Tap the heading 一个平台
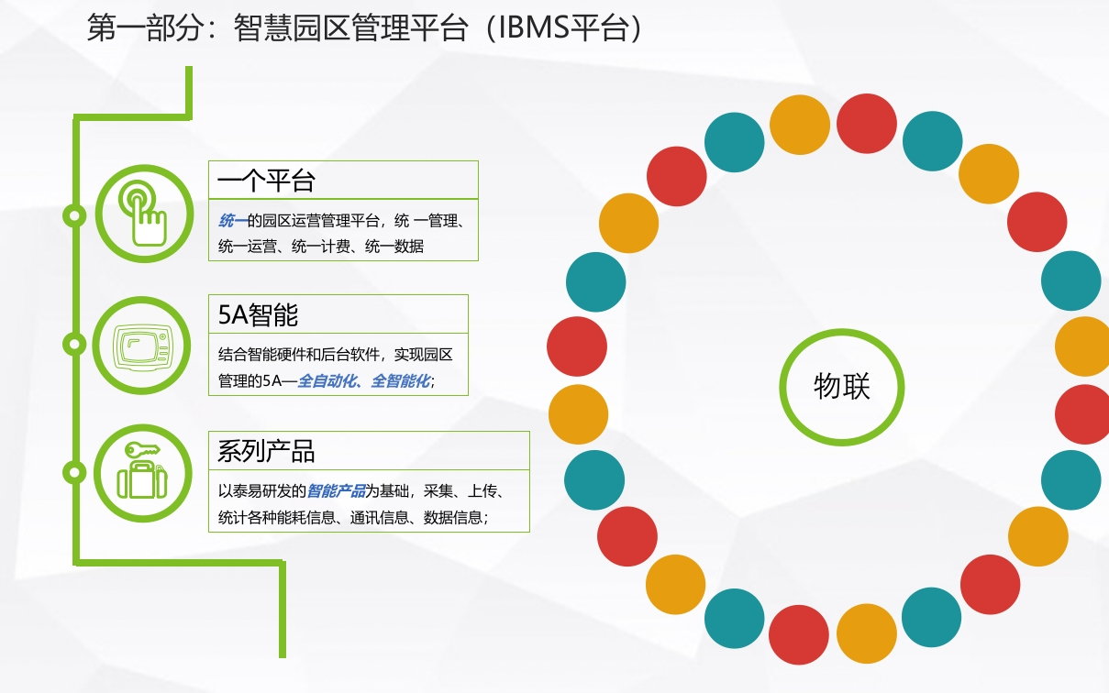click(266, 181)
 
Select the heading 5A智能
click(258, 314)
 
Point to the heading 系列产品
click(266, 451)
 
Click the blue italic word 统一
click(233, 221)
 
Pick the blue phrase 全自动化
click(327, 381)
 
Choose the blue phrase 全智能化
click(401, 381)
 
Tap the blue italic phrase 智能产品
click(336, 491)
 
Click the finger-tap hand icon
click(142, 214)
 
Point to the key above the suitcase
click(141, 450)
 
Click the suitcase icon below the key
click(142, 479)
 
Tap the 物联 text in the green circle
click(842, 386)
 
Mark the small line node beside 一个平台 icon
click(74, 215)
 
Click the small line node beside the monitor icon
click(74, 344)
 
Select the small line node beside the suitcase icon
click(74, 472)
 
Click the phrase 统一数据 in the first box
click(394, 247)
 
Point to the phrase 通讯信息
click(379, 518)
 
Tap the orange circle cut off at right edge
click(1082, 346)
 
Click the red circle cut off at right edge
click(1082, 414)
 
